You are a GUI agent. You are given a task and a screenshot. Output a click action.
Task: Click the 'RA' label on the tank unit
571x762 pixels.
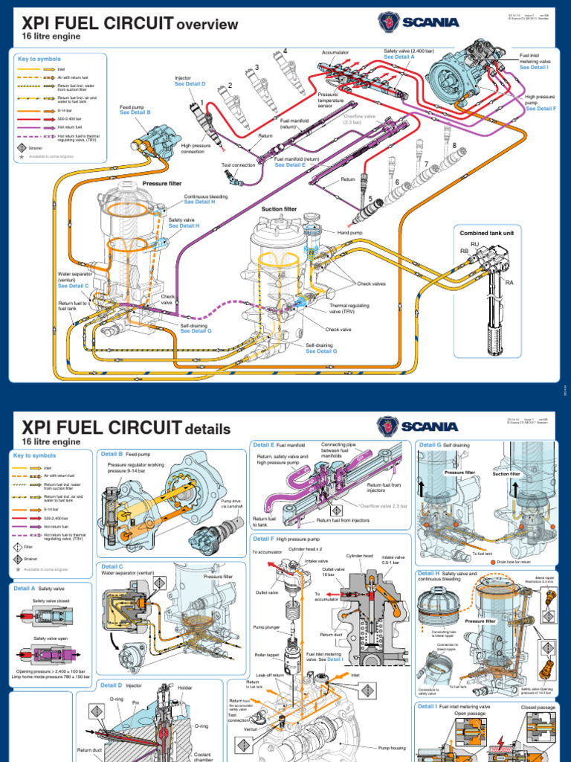click(x=509, y=283)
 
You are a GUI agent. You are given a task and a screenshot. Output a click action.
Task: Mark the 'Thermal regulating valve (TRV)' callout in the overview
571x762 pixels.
click(x=349, y=308)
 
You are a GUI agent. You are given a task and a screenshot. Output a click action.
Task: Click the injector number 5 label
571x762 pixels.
click(x=370, y=199)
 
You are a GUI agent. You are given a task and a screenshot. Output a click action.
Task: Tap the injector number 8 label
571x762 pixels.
click(x=454, y=146)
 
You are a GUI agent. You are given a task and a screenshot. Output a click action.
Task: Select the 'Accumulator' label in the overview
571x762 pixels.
click(x=335, y=53)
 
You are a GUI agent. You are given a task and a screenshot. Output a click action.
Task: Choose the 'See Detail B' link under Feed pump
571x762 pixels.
click(x=135, y=112)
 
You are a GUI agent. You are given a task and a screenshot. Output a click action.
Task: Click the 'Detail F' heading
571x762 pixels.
click(x=264, y=538)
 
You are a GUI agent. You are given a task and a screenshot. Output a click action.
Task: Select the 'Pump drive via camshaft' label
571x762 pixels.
click(x=233, y=504)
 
